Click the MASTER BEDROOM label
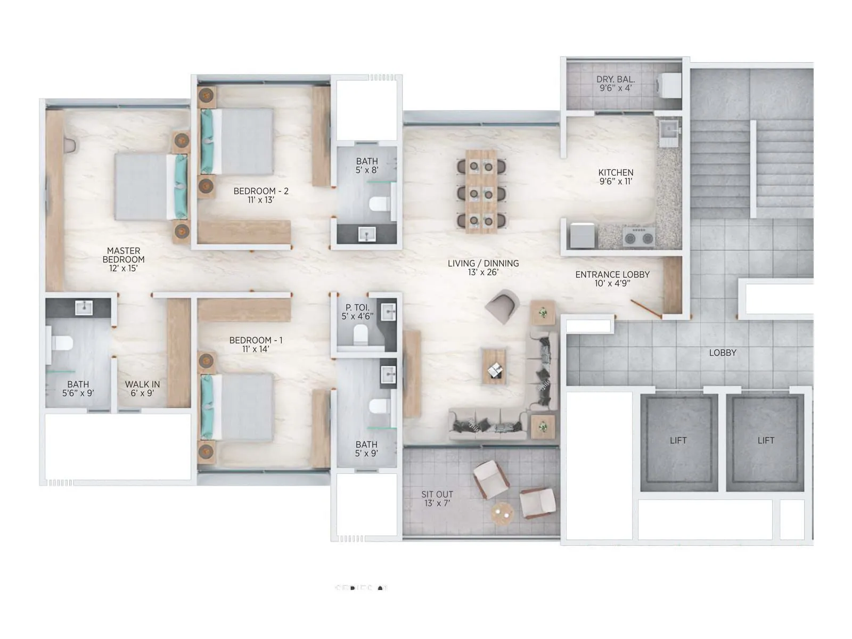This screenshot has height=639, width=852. [124, 255]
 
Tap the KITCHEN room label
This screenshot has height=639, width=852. [616, 173]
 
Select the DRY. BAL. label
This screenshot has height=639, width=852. [616, 79]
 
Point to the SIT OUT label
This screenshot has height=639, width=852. [437, 494]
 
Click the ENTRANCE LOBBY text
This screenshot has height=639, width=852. [612, 275]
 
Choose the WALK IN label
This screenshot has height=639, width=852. [142, 384]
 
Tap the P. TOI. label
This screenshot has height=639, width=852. [357, 307]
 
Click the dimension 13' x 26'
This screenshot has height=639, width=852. [483, 272]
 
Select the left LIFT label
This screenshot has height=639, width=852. [678, 440]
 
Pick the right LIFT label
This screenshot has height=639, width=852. [766, 440]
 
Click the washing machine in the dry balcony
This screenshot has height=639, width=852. [668, 85]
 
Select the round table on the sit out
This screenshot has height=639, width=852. [502, 513]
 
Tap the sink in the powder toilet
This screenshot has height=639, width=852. [389, 313]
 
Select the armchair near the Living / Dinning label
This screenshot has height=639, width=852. [502, 306]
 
